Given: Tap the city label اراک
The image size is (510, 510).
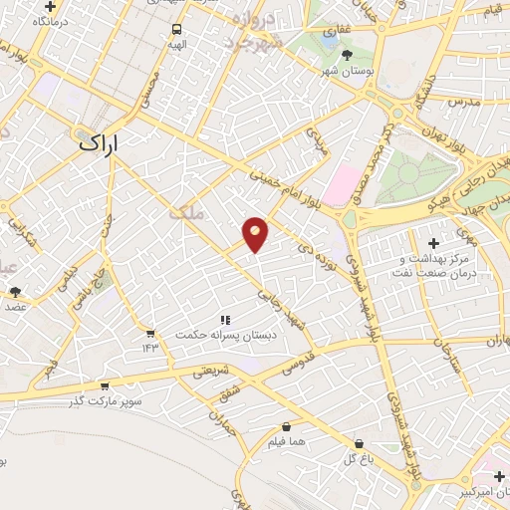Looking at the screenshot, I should point(97,143).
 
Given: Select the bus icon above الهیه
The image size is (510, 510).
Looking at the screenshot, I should point(176,30).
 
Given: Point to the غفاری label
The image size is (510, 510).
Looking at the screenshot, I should point(332,32).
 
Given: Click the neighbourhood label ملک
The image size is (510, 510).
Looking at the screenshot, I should point(183,211).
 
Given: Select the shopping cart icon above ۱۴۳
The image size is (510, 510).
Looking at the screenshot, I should point(149,334).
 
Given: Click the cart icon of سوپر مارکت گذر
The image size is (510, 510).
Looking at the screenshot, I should point(105,386).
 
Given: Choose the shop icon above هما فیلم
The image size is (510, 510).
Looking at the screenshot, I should point(286,426).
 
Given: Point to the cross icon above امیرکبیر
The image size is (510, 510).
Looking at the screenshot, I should point(498,476).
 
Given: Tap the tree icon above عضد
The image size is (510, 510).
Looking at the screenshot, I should point(15,292).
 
